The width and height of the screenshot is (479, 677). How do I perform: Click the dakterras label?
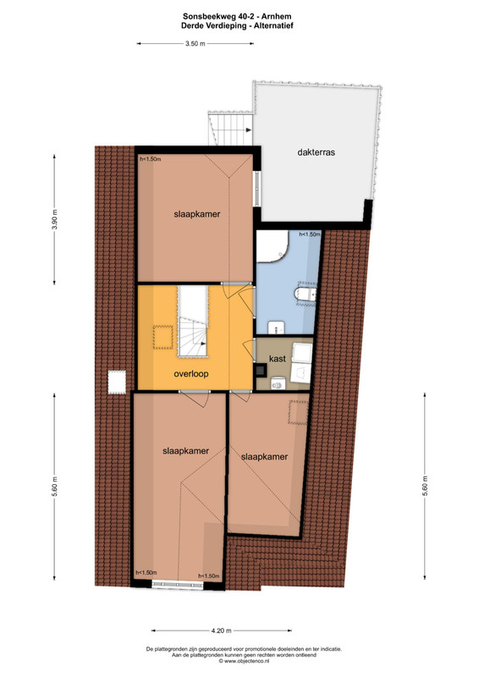pos(317,152)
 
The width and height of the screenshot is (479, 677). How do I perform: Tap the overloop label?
pos(191,374)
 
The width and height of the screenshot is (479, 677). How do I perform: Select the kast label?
pos(277,358)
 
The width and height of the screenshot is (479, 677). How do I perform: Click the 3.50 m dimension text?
pos(195,44)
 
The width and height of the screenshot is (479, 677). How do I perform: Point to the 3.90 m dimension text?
pos(55,220)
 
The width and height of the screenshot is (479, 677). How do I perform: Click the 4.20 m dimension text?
pos(221,630)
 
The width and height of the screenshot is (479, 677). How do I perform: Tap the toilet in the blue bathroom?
pos(305,294)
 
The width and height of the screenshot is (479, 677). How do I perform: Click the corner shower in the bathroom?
pos(273,246)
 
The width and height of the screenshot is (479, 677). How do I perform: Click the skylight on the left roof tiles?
pos(117,383)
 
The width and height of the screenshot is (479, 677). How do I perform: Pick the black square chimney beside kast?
pos(261,371)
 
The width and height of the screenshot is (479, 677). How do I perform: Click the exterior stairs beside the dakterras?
pos(231,129)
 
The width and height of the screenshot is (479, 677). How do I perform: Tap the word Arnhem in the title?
pos(277,16)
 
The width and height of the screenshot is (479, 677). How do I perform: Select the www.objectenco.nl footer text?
pos(244,661)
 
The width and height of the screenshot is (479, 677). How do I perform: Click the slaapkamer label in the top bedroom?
pos(197,214)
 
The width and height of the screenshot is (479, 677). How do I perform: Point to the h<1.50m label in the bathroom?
pos(310,234)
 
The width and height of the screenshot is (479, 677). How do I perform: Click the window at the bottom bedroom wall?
pos(178,585)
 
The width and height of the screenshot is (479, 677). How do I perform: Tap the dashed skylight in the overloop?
pos(162,337)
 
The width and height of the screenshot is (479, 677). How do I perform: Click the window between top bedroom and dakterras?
pos(257,189)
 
